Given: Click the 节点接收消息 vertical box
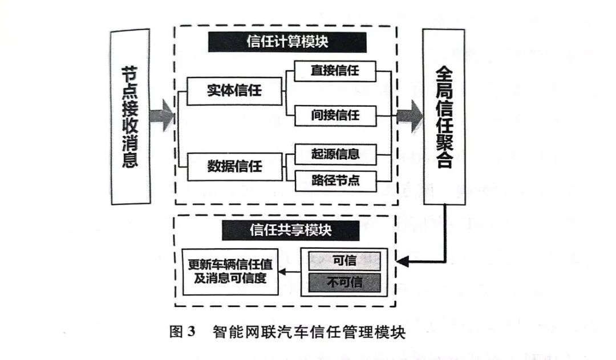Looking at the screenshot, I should pyautogui.click(x=131, y=116).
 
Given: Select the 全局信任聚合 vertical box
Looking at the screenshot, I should pyautogui.click(x=444, y=116).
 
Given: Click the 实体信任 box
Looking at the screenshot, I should pyautogui.click(x=234, y=91).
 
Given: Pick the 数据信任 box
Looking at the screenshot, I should pyautogui.click(x=234, y=167).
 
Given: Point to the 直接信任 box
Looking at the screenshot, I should pyautogui.click(x=335, y=71).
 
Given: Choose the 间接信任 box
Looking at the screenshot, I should pyautogui.click(x=335, y=115).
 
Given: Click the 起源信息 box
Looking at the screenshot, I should pyautogui.click(x=335, y=153).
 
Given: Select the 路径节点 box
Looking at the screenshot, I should pyautogui.click(x=335, y=181).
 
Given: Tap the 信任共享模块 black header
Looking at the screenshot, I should pyautogui.click(x=291, y=230).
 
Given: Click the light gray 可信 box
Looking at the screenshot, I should pyautogui.click(x=344, y=261).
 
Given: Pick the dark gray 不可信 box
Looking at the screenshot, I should pyautogui.click(x=344, y=281).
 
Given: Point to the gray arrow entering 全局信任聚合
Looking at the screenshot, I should pyautogui.click(x=410, y=116).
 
